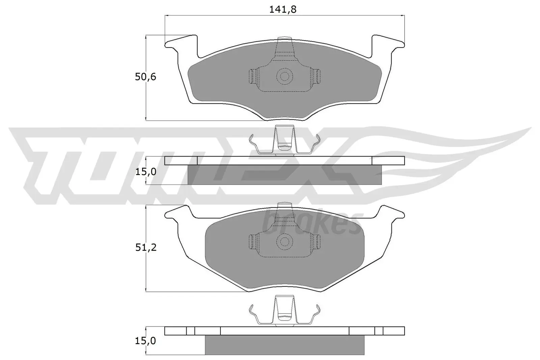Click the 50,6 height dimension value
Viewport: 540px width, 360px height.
tap(145, 77)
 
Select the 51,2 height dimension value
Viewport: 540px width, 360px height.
tap(145, 248)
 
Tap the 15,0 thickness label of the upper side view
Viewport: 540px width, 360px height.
tap(145, 172)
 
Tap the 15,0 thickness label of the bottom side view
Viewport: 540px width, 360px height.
tap(145, 341)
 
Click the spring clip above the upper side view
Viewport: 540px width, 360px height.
tap(284, 142)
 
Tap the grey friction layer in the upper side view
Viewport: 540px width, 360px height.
tap(285, 175)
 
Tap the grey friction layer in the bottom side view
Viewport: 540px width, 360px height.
tap(285, 345)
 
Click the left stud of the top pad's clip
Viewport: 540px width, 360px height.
tap(253, 77)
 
